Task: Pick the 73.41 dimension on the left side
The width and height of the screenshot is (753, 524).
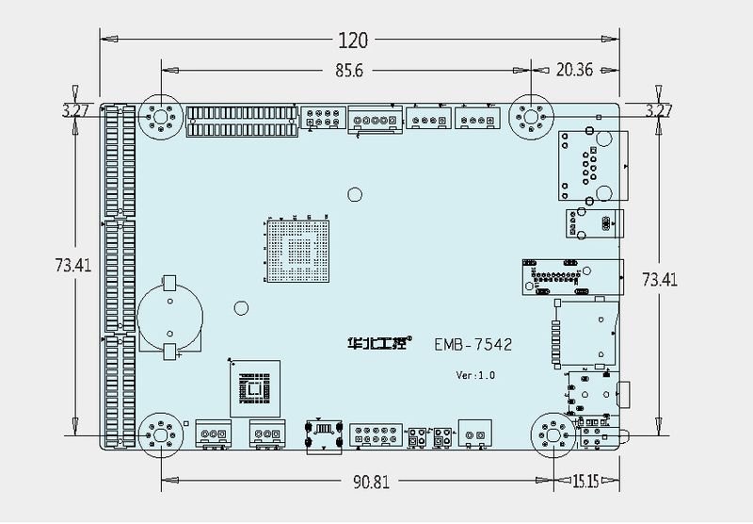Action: coord(72,266)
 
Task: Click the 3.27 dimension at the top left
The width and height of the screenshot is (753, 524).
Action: coord(75,110)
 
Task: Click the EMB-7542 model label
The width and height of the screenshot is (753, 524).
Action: coord(473,346)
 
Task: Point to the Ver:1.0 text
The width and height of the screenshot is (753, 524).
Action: coord(475,374)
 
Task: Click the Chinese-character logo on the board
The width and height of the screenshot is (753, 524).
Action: coord(375,345)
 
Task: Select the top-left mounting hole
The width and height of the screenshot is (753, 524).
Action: coord(159,119)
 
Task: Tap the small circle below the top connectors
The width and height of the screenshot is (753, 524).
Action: coord(354,195)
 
